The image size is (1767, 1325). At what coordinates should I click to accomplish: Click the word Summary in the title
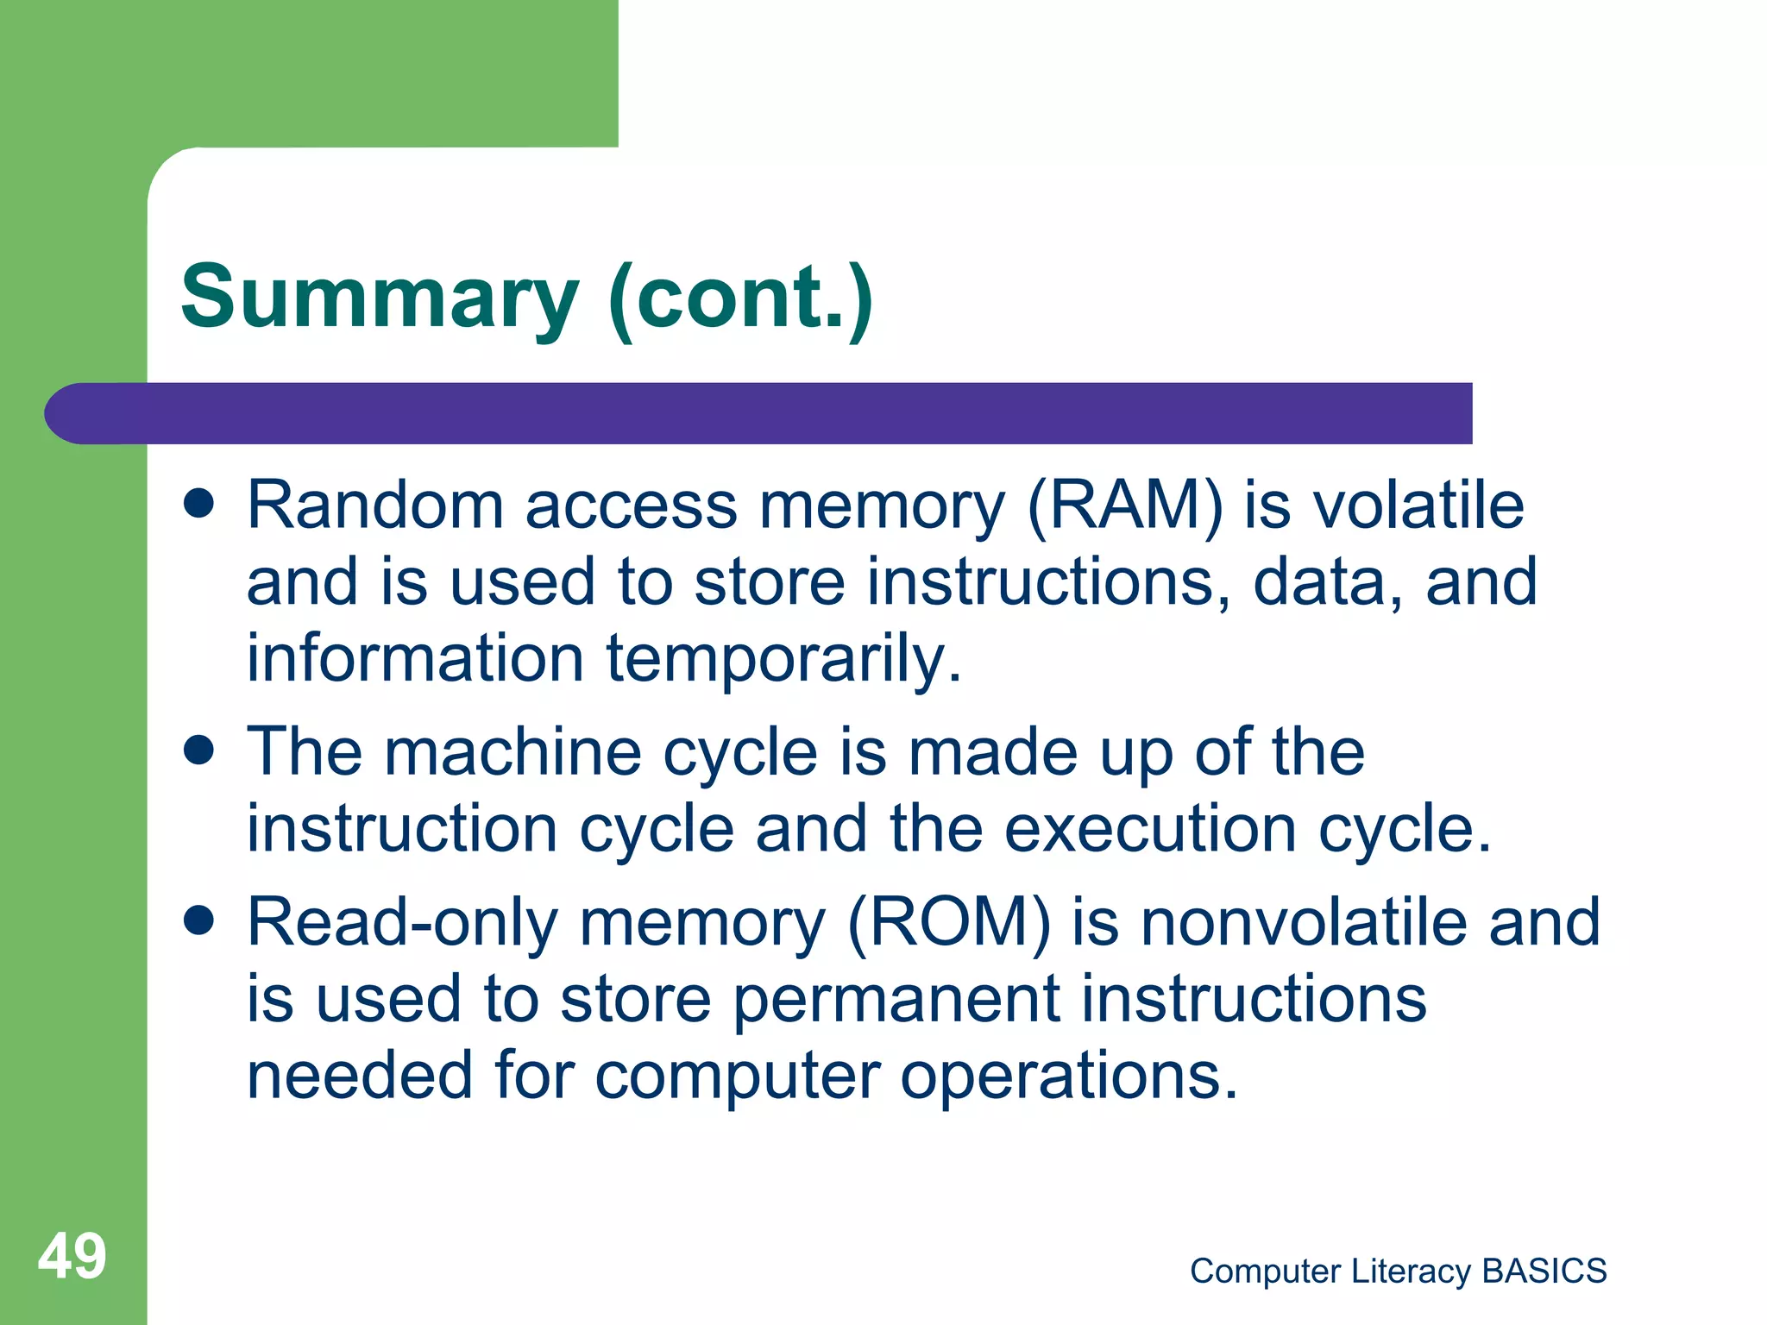(380, 298)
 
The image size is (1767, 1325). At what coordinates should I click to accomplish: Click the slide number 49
(72, 1256)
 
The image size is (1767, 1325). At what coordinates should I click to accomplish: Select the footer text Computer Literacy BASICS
(1398, 1271)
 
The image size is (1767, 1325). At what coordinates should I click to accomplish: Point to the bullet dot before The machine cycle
(199, 750)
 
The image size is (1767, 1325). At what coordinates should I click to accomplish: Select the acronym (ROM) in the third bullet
(949, 922)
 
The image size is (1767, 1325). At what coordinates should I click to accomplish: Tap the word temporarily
(783, 660)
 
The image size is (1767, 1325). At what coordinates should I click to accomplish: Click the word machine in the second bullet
(512, 751)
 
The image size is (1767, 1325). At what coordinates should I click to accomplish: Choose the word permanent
(896, 1001)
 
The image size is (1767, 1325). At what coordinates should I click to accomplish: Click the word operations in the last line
(1068, 1076)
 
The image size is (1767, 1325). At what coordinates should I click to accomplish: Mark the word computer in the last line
(738, 1077)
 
